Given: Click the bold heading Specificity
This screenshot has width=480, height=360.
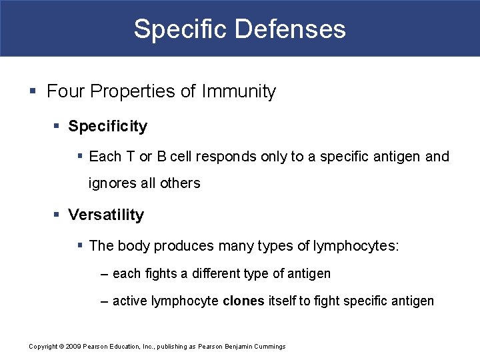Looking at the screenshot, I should click(x=107, y=126).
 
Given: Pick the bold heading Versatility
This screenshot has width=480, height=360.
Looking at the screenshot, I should click(x=106, y=215).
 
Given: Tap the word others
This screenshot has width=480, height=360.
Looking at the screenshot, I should click(x=181, y=183).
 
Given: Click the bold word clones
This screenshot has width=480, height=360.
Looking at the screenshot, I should click(x=243, y=301).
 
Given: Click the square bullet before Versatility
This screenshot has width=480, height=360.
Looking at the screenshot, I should click(x=57, y=215).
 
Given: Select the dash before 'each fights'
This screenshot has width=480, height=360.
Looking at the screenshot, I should click(x=104, y=274).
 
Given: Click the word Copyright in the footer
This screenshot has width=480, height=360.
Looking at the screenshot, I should click(x=43, y=347).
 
